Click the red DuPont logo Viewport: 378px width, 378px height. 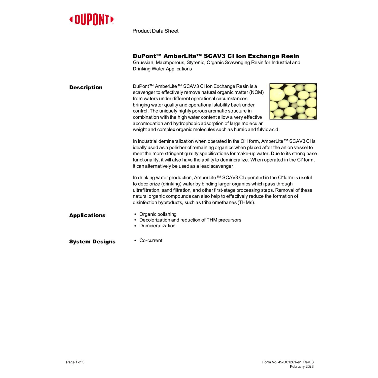[x=91, y=20]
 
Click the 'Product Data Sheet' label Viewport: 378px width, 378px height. [x=155, y=31]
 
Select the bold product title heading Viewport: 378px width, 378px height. [x=216, y=56]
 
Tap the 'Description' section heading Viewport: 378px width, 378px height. [x=86, y=87]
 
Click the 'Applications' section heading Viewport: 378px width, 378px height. [x=87, y=215]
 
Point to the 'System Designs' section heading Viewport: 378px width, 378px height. [x=92, y=242]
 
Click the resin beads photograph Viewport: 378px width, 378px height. [x=293, y=101]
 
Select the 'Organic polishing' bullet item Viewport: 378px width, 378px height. [x=158, y=214]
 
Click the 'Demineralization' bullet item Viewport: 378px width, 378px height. [x=157, y=226]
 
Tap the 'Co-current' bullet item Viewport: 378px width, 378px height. [x=151, y=240]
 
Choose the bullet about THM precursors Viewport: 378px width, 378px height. [x=190, y=220]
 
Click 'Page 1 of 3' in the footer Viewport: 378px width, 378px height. [x=75, y=362]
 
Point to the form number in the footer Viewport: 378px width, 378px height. [x=288, y=362]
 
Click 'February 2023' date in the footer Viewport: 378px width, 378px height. [x=302, y=367]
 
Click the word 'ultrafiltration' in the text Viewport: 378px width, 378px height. [x=146, y=190]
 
